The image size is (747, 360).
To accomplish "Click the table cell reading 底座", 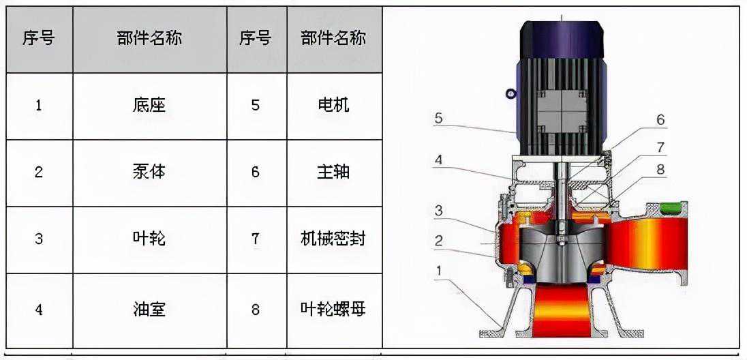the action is (x=149, y=106).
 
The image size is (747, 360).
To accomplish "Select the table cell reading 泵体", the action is (x=149, y=172).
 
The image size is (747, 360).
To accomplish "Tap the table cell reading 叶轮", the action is (x=149, y=239).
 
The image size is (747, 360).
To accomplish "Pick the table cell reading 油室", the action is (x=149, y=310).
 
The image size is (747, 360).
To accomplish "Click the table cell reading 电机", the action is (x=334, y=106).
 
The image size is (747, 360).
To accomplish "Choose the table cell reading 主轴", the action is (x=334, y=172).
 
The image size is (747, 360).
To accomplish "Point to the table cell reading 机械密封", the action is (x=334, y=239).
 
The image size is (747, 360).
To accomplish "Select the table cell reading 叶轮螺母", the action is (x=334, y=310).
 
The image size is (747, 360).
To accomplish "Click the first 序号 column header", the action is (x=39, y=39).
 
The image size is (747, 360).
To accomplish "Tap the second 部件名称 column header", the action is (x=334, y=39).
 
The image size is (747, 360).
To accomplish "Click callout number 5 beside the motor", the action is (x=438, y=118).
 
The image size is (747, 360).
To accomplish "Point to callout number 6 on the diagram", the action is (x=660, y=120).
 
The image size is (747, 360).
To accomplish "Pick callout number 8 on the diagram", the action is (x=660, y=169).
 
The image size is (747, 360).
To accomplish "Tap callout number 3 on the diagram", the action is (x=438, y=211).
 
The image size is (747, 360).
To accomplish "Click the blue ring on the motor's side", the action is (x=510, y=94).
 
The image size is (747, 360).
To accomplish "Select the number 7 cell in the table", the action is (x=256, y=239).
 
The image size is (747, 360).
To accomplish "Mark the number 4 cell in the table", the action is (x=39, y=310).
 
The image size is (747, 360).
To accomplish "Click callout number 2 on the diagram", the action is (x=438, y=240).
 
